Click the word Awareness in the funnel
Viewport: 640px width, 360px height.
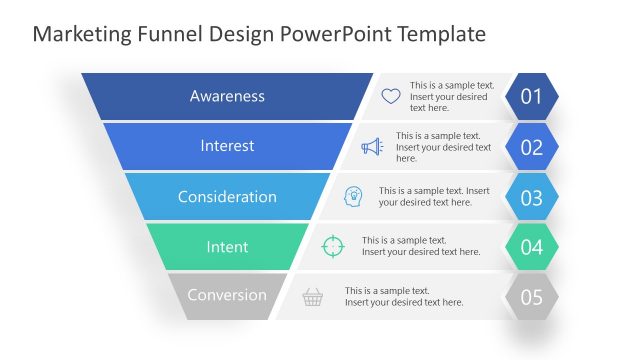point(227,96)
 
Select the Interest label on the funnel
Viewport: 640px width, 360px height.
point(227,146)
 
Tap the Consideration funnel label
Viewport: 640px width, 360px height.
point(227,196)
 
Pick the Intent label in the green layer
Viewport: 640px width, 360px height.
point(227,246)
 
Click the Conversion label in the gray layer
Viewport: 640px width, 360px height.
point(227,295)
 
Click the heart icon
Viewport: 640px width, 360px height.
point(391,97)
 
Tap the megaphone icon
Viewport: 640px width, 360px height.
point(372,147)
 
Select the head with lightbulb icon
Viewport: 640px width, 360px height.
point(353,196)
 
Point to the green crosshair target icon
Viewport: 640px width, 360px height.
point(332,246)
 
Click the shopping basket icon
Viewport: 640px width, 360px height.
point(313,296)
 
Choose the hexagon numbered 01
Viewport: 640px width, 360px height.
point(531,97)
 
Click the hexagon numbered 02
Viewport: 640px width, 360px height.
point(531,147)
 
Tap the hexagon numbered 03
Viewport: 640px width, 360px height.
point(531,197)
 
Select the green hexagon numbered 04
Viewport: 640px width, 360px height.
point(531,247)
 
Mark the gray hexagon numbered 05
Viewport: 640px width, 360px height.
point(531,297)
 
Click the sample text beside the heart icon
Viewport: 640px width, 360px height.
point(452,96)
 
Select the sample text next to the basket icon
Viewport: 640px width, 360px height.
point(404,296)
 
